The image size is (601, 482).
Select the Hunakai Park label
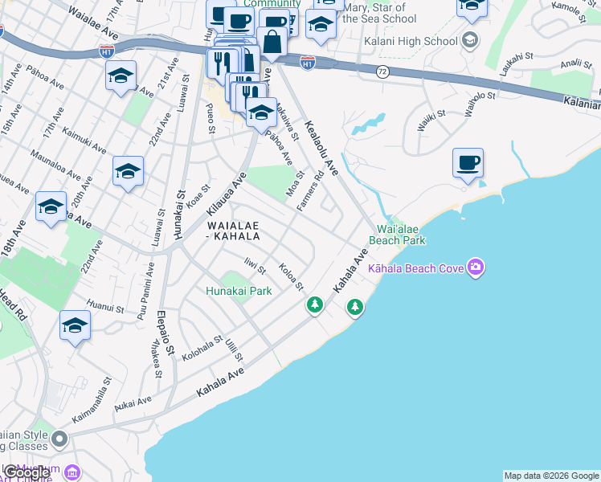239,292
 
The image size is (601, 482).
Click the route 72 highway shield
382,72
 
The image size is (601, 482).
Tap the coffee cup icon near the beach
468,163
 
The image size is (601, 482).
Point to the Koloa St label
290,277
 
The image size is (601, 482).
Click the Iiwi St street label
255,265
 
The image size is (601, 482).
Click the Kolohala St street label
201,351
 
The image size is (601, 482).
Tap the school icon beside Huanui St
75,325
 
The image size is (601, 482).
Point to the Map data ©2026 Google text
551,476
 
